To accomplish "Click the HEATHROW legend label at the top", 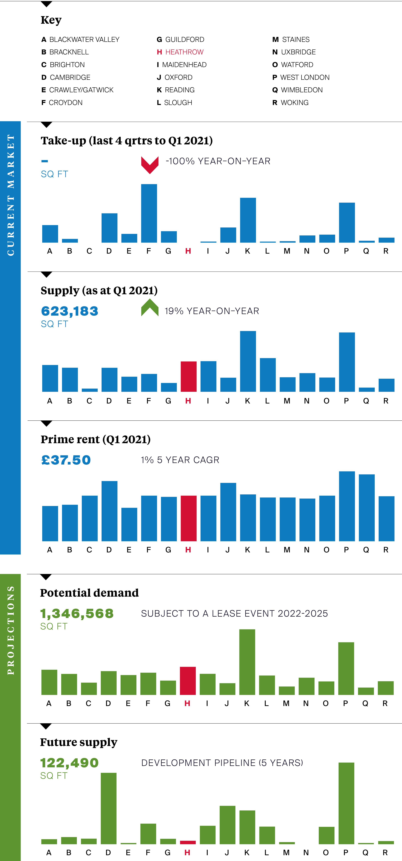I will [x=184, y=52].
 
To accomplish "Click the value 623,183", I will [x=70, y=311].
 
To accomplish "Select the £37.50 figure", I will [x=66, y=460].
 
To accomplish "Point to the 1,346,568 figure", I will [x=77, y=614].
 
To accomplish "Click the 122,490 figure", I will [x=69, y=763].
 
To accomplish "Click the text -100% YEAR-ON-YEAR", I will [x=218, y=161].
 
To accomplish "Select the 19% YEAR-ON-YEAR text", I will [x=212, y=311].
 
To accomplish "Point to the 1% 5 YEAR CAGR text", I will [x=180, y=460].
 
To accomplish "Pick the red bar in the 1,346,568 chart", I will [x=188, y=681].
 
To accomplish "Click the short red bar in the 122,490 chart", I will [x=188, y=842].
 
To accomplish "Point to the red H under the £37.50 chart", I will [x=188, y=550].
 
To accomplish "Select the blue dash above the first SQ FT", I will [x=45, y=161].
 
